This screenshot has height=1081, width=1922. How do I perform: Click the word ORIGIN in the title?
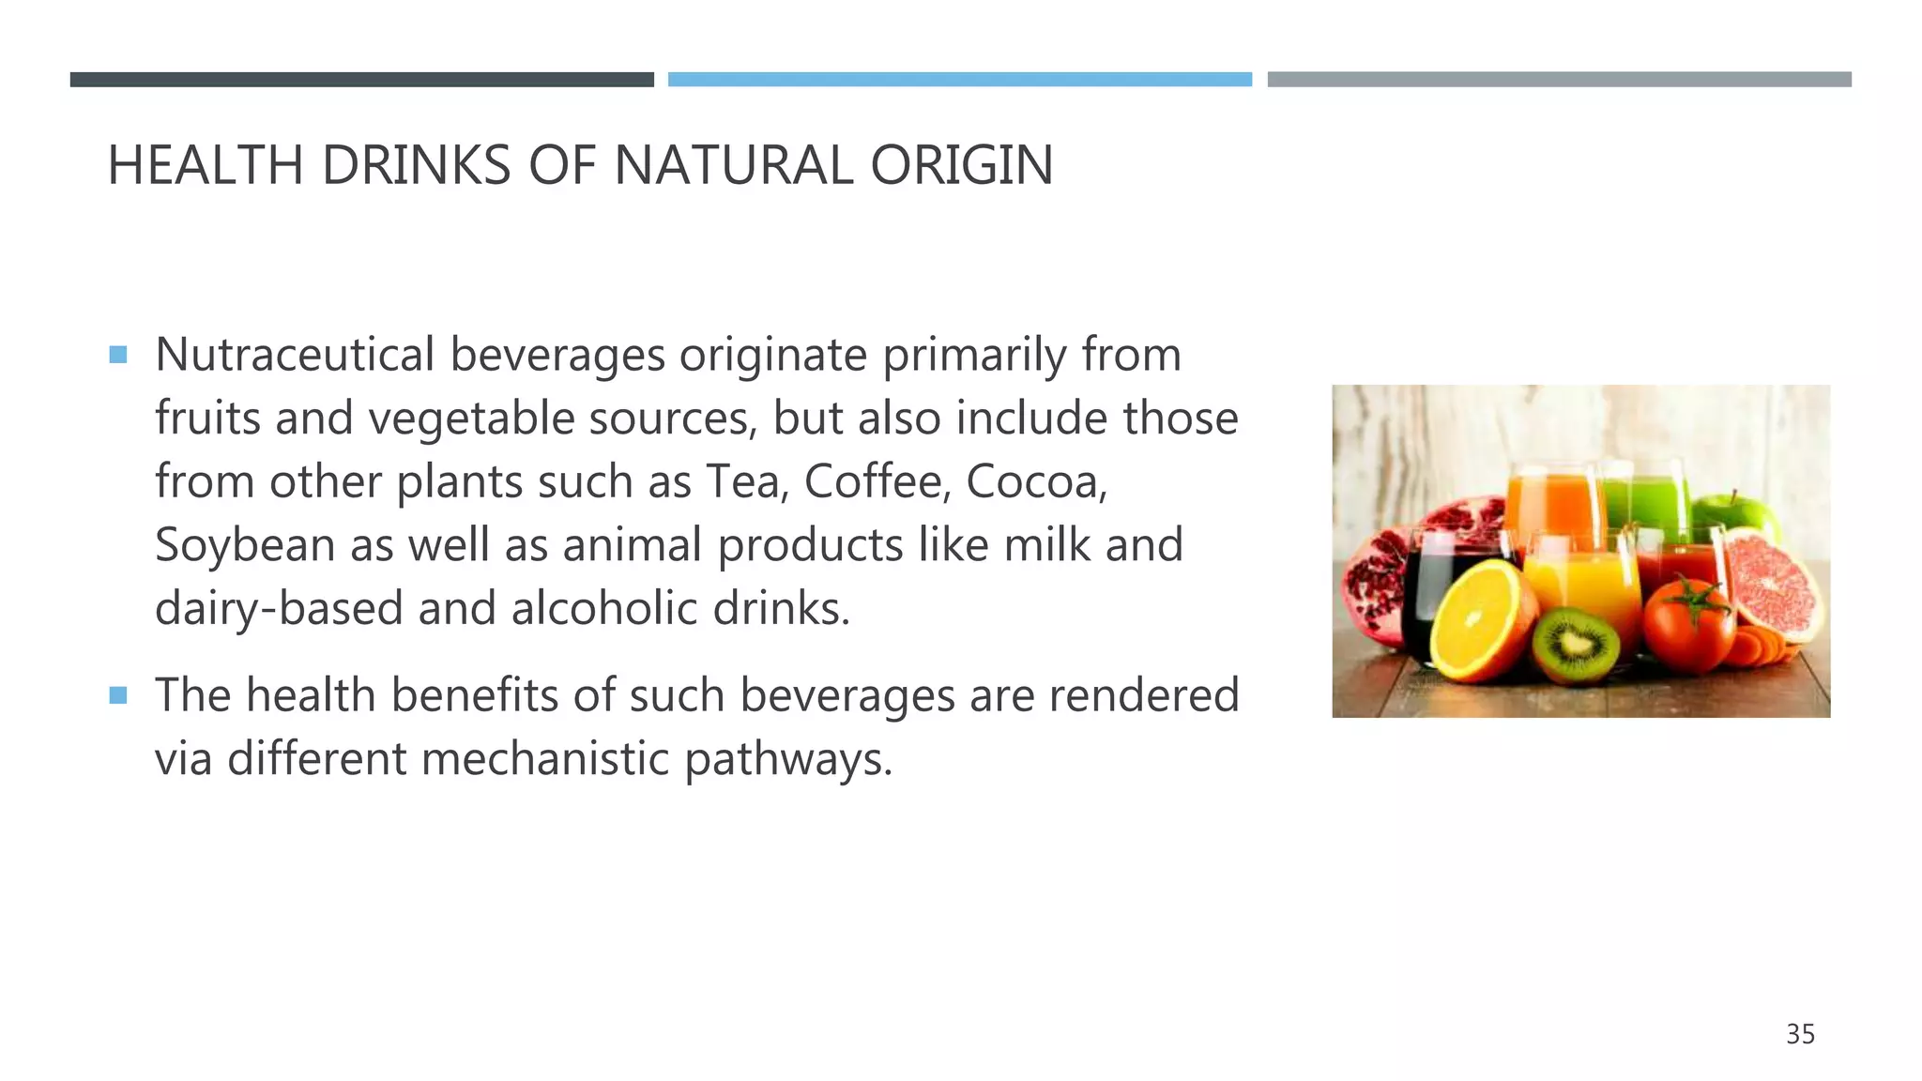pyautogui.click(x=961, y=166)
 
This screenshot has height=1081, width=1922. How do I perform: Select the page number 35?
pyautogui.click(x=1800, y=1034)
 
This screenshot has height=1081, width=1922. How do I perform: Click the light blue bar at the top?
pyautogui.click(x=959, y=80)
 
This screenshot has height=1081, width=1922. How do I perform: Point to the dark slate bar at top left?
pyautogui.click(x=361, y=80)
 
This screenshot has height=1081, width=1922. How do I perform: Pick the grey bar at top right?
pyautogui.click(x=1559, y=80)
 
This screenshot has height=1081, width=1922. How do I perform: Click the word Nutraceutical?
pyautogui.click(x=294, y=355)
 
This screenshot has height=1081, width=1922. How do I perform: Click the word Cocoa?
pyautogui.click(x=1036, y=481)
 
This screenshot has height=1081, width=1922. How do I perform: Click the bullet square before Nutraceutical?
pyautogui.click(x=118, y=355)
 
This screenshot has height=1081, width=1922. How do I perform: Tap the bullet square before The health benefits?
pyautogui.click(x=118, y=695)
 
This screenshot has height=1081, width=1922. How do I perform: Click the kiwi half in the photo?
pyautogui.click(x=1576, y=645)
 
